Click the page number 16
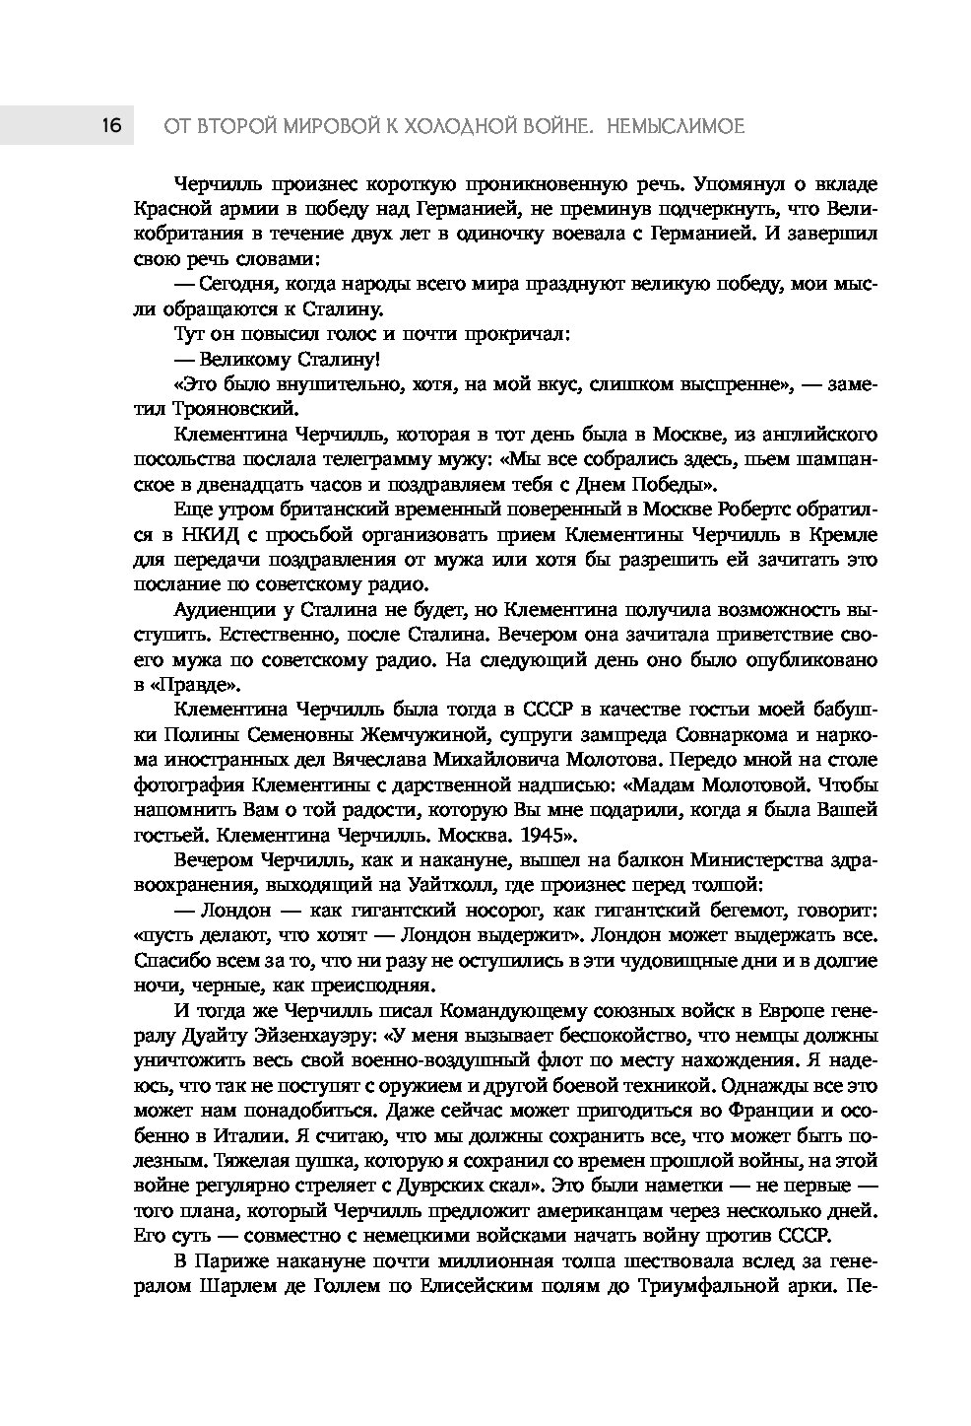pos(110,125)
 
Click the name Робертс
pos(721,509)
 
